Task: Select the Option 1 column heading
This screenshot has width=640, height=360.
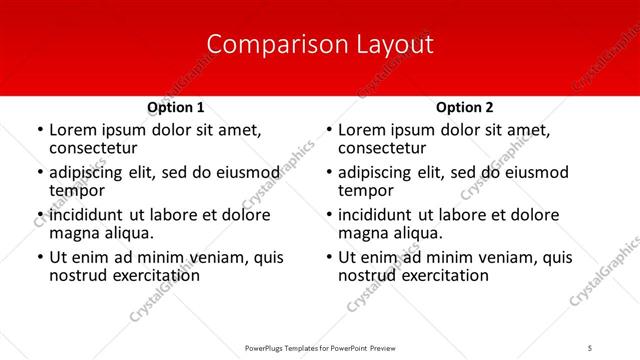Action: (x=175, y=107)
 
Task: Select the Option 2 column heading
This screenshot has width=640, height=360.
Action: (x=464, y=107)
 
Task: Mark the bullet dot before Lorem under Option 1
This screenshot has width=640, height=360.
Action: (x=38, y=130)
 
